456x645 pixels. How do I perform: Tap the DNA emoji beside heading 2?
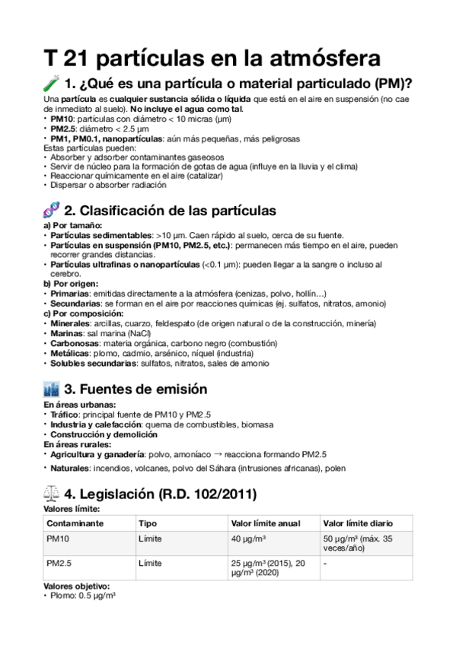click(x=52, y=211)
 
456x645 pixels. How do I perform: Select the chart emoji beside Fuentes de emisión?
click(x=52, y=389)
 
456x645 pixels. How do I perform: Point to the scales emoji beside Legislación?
click(x=52, y=494)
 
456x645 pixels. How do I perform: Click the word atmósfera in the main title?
click(x=313, y=57)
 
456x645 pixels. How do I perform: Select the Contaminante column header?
click(x=75, y=523)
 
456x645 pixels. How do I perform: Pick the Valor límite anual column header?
click(x=265, y=523)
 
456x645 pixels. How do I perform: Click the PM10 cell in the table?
click(x=58, y=539)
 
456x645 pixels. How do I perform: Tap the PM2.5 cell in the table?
click(x=60, y=563)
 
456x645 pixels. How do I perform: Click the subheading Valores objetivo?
click(x=77, y=586)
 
